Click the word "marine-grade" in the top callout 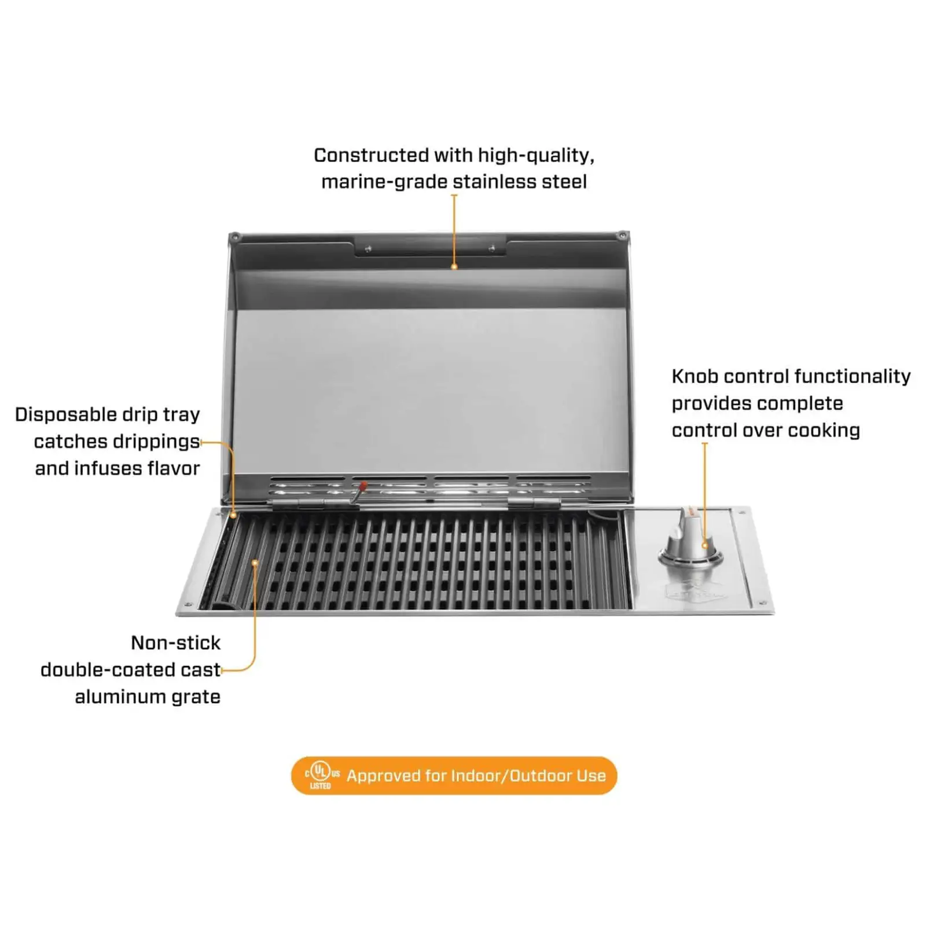pos(384,182)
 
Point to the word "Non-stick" pos(176,642)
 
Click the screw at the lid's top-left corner pos(235,237)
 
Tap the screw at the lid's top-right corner pos(622,236)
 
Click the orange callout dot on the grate pos(255,562)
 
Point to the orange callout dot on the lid pos(454,267)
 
